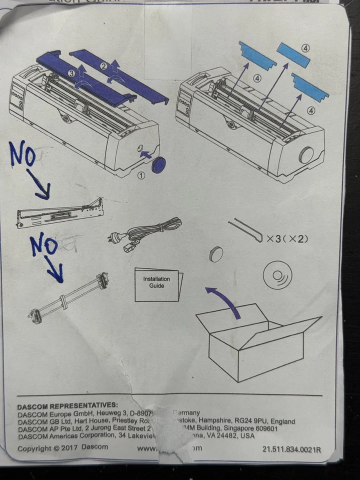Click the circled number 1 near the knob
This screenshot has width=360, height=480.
[x=141, y=175]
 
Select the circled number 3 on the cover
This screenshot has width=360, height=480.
[x=72, y=73]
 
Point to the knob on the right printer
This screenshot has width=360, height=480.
[x=305, y=155]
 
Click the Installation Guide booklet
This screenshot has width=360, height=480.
[x=157, y=284]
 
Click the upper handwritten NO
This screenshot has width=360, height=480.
[x=22, y=155]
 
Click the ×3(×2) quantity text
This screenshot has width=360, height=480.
[x=287, y=238]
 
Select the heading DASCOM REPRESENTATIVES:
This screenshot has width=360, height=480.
[x=67, y=405]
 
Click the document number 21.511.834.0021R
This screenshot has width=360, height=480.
[x=291, y=448]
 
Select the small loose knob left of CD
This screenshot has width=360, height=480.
[x=216, y=254]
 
